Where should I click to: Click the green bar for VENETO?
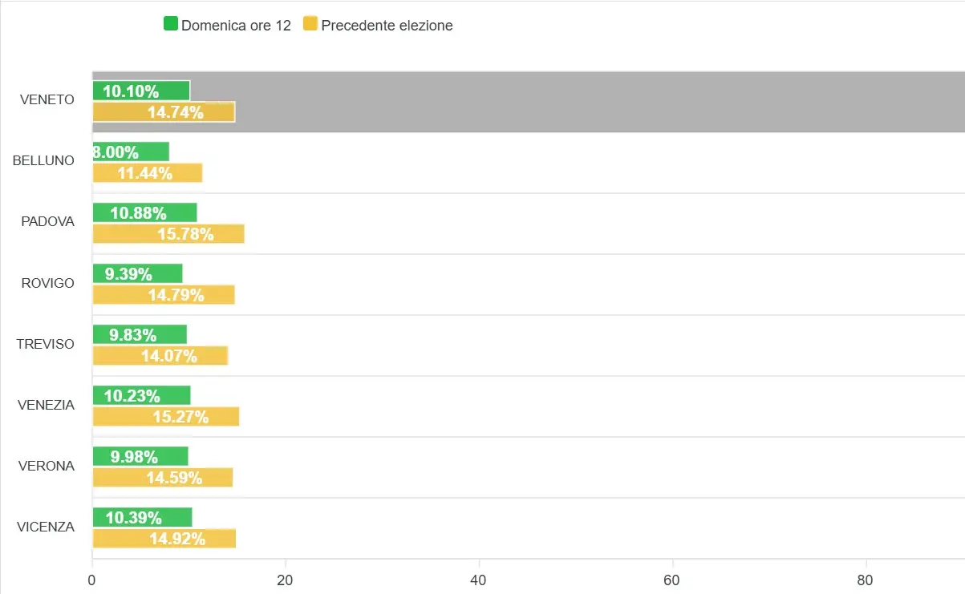(x=141, y=91)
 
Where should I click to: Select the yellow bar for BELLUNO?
(x=148, y=173)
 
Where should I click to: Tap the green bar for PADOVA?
(x=144, y=212)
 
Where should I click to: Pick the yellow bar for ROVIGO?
(x=164, y=295)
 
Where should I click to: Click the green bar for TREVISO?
(x=140, y=334)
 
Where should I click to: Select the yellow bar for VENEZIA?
(x=166, y=417)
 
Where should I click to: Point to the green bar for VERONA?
(x=140, y=456)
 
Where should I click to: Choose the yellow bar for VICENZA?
(x=164, y=539)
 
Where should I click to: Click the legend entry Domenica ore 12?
(x=227, y=25)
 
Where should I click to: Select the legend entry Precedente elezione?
(x=378, y=25)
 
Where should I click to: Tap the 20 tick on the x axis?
(x=285, y=580)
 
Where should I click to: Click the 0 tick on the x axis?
(x=92, y=580)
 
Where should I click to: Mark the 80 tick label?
(x=866, y=580)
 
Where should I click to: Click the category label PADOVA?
(x=47, y=222)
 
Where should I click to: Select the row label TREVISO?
(x=45, y=344)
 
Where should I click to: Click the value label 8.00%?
(x=116, y=152)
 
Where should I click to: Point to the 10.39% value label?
(x=134, y=518)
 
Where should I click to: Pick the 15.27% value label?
(x=180, y=417)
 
